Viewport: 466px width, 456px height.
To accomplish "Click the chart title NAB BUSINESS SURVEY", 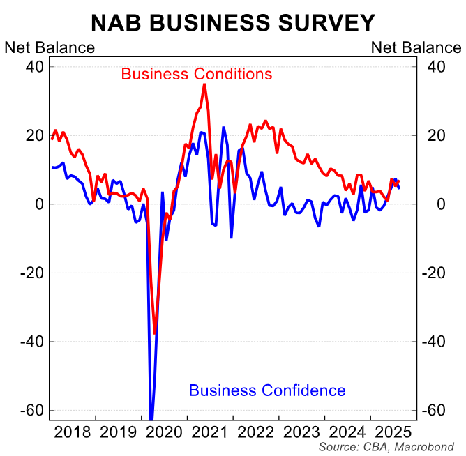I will click(233, 23).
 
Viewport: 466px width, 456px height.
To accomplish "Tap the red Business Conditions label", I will click(196, 73).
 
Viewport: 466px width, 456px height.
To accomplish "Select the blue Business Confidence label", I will click(267, 390).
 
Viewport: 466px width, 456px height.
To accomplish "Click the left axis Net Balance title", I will click(50, 47).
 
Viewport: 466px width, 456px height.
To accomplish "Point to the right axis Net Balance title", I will click(416, 47).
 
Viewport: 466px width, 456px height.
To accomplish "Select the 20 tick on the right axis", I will click(435, 135).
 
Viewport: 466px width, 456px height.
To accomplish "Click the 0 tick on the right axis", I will click(431, 204).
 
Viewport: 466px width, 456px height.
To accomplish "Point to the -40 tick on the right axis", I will click(437, 342).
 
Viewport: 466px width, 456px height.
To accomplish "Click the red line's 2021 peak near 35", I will click(204, 84).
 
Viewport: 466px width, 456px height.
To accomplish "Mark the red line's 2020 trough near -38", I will click(155, 333).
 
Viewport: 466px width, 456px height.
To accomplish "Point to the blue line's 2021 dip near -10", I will click(231, 238).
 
